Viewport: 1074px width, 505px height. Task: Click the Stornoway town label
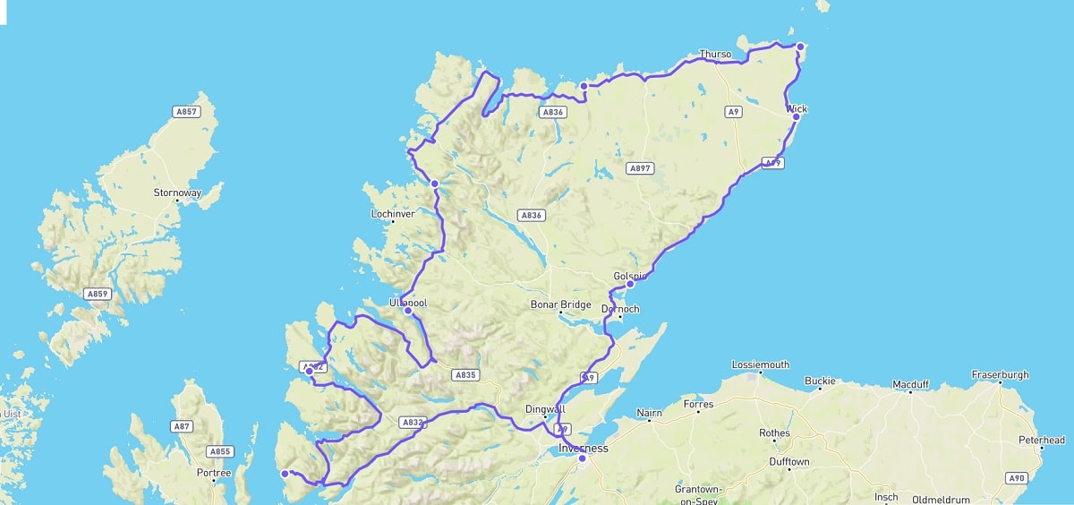click(x=177, y=193)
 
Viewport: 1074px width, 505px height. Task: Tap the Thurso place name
click(x=715, y=54)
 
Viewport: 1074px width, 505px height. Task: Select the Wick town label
click(x=797, y=109)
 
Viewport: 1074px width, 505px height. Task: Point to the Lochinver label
click(x=393, y=214)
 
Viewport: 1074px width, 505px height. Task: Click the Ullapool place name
click(x=408, y=303)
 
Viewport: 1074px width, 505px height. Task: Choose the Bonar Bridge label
click(x=561, y=304)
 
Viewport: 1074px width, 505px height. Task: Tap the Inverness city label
click(x=583, y=448)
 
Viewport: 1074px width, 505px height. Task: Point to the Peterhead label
click(x=1042, y=440)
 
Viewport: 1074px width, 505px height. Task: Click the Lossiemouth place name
click(x=761, y=364)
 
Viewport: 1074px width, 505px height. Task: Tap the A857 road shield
click(x=186, y=111)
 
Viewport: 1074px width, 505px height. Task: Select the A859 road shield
click(x=97, y=294)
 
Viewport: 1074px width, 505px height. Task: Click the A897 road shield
click(x=641, y=168)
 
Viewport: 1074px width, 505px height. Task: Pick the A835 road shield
click(x=465, y=375)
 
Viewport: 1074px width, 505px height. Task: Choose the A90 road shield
click(x=1015, y=478)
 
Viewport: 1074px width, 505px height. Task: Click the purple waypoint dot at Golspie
click(x=630, y=284)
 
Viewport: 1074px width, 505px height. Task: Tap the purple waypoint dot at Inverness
click(x=582, y=458)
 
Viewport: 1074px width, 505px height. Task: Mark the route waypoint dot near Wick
click(x=796, y=116)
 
